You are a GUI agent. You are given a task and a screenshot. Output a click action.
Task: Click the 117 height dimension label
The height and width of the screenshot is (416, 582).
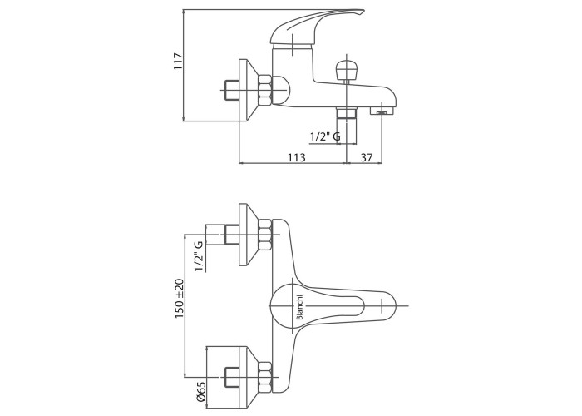tap(177, 62)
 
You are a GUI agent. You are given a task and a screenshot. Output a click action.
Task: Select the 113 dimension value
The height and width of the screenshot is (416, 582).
tap(297, 157)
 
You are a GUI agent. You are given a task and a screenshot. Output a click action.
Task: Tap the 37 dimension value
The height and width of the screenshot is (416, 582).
tap(367, 157)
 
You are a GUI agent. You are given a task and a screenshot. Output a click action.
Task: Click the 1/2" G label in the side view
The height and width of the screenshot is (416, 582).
tap(324, 136)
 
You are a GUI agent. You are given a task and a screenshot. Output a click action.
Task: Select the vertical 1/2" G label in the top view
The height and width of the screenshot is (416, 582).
tap(198, 255)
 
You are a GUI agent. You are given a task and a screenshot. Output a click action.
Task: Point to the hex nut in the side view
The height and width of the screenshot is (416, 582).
tap(266, 89)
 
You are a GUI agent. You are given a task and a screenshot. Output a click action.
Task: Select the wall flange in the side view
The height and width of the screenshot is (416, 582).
tap(246, 89)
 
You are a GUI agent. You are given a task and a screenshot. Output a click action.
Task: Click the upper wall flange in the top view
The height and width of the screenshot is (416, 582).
tap(246, 235)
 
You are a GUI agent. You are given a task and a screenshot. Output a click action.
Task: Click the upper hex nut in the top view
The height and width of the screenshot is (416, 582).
tap(267, 235)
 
